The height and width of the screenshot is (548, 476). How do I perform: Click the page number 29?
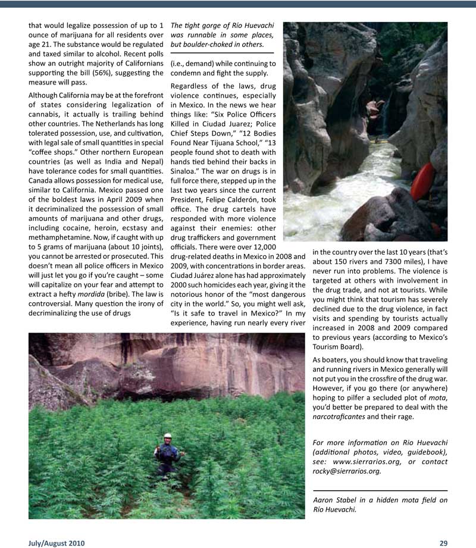click(x=443, y=543)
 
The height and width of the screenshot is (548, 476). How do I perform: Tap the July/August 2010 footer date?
click(x=57, y=543)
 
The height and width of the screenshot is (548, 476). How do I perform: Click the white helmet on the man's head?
click(x=168, y=436)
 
